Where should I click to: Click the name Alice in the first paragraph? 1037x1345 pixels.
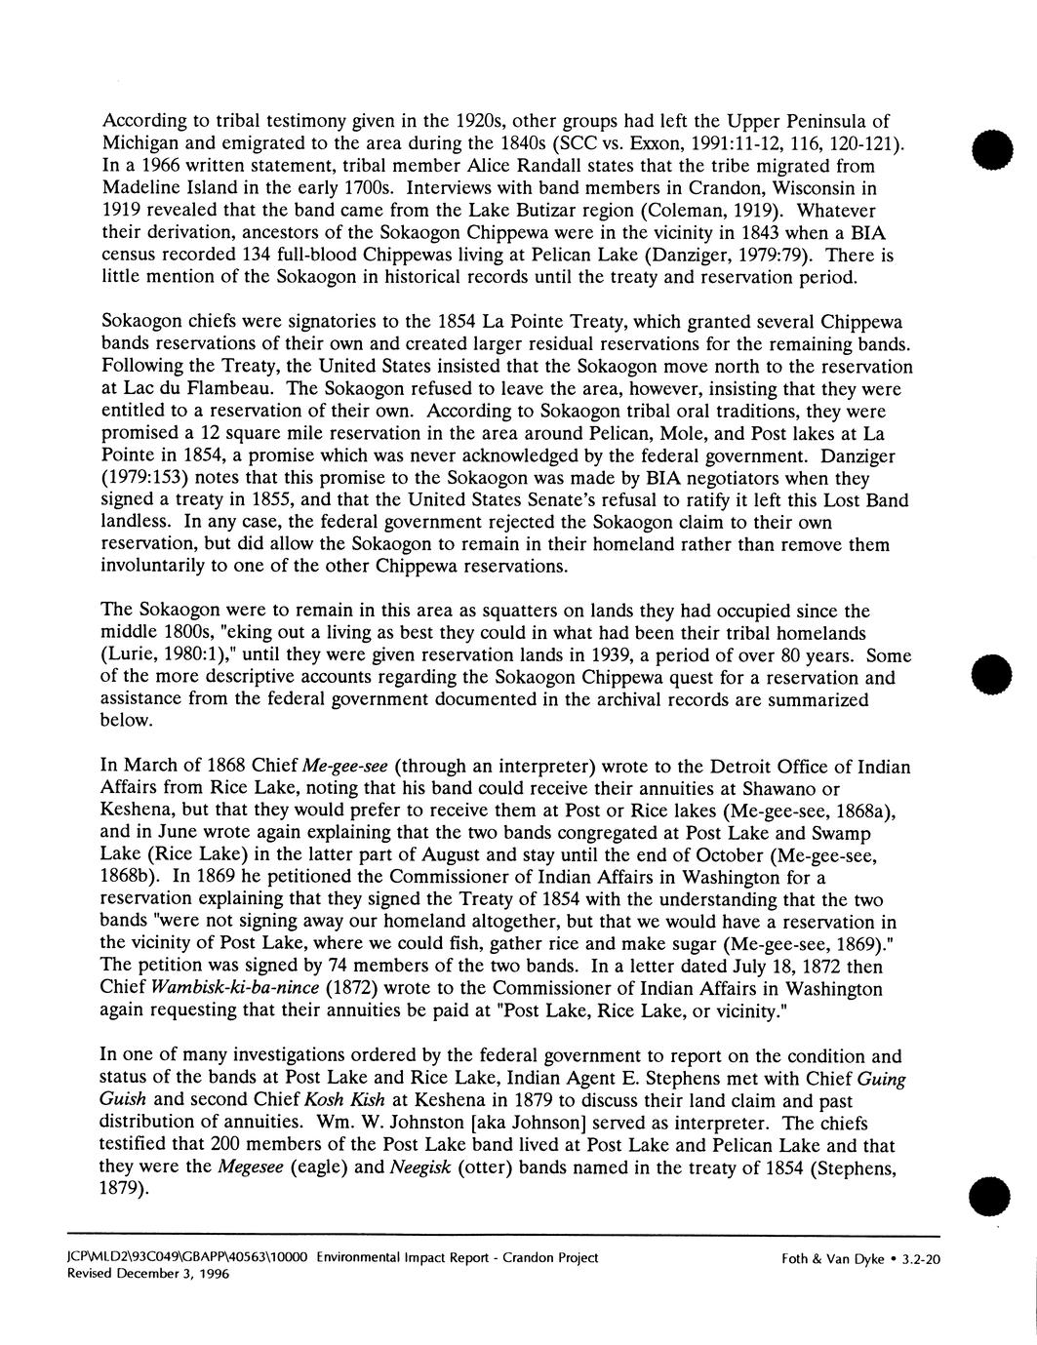[555, 166]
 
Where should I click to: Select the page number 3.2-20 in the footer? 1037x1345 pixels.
[920, 1259]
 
